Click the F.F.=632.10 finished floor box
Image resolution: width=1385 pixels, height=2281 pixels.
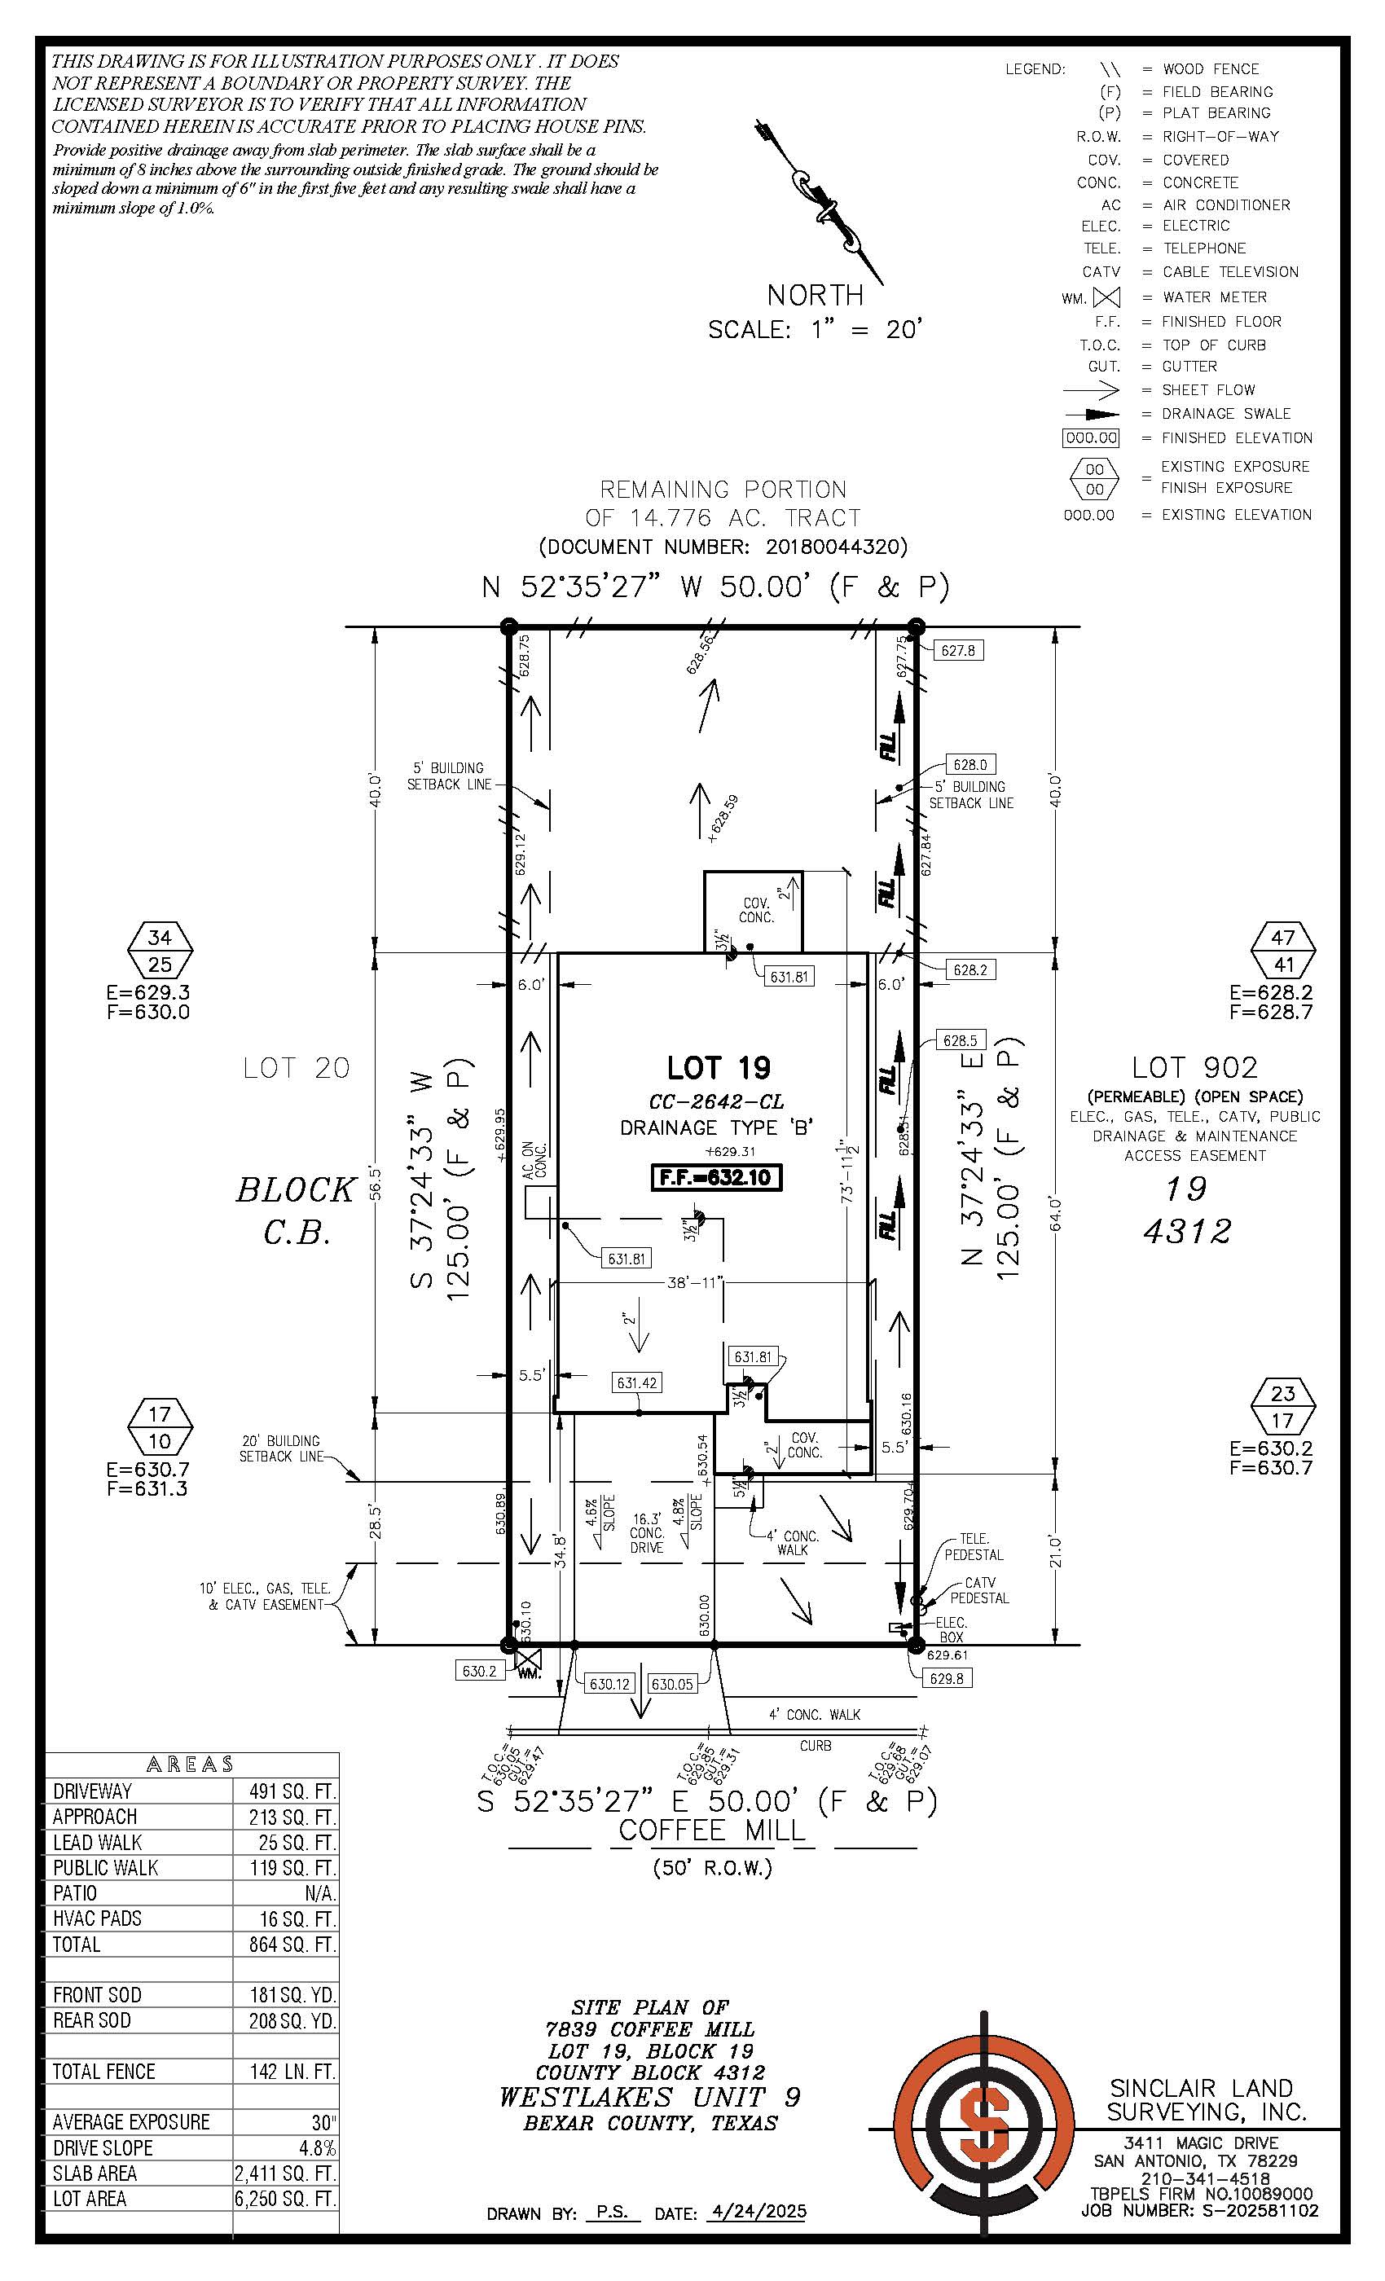tap(718, 1179)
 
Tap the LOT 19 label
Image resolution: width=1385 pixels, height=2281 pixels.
tap(719, 1068)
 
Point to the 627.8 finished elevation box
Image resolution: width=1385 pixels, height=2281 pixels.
tap(957, 651)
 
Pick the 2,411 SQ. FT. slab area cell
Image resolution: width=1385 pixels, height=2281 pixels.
tap(285, 2173)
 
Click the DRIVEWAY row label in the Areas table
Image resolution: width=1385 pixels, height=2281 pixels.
tap(93, 1791)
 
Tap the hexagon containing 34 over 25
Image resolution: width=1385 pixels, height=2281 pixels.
tap(160, 951)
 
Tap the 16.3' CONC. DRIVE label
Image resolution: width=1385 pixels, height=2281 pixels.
tap(647, 1532)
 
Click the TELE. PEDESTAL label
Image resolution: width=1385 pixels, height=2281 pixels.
tap(973, 1547)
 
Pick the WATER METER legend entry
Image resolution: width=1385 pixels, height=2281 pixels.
tap(1214, 297)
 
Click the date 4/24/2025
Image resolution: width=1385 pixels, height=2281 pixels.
tap(756, 2212)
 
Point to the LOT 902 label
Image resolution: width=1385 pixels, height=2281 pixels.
tap(1194, 1068)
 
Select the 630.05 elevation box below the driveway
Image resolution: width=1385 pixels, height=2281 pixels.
tap(672, 1684)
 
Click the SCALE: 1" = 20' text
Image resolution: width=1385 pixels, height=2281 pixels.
tap(816, 330)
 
